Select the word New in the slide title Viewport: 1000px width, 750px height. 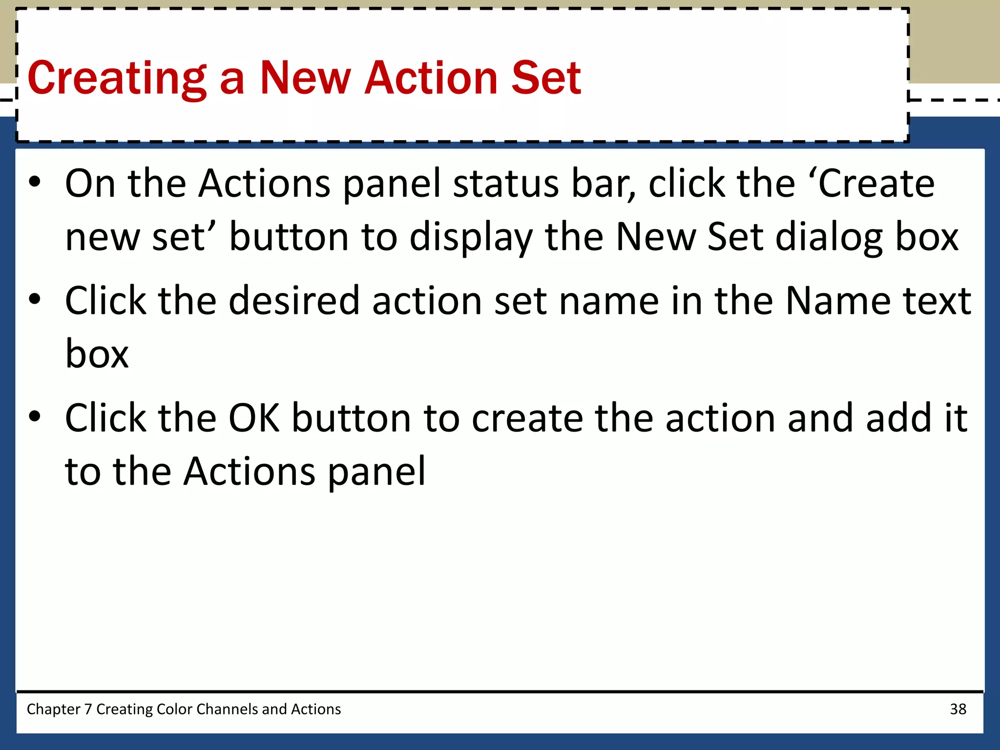[305, 78]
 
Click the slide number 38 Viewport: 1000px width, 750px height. [958, 709]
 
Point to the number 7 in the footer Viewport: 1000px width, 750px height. [88, 709]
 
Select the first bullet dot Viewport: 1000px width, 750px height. [35, 183]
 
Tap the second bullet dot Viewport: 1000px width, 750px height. [35, 300]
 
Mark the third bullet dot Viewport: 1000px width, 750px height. [35, 417]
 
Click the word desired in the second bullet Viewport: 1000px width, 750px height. [294, 301]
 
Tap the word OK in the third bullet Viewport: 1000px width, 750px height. [254, 418]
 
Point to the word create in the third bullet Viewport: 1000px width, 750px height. [527, 418]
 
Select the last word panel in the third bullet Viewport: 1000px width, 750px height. [376, 472]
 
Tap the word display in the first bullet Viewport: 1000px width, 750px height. [471, 237]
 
